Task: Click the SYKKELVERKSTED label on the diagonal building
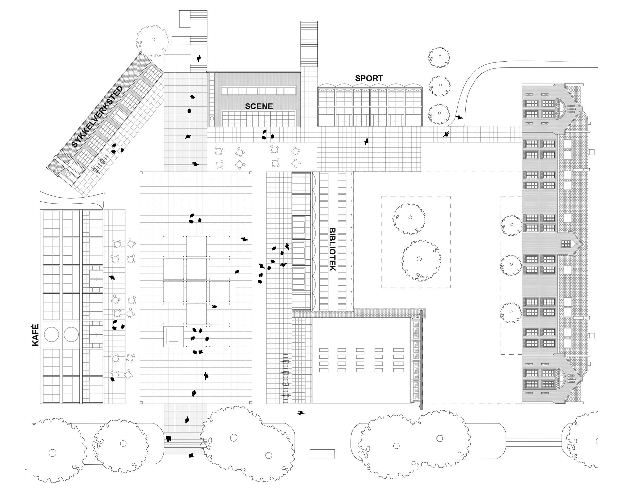coord(97,117)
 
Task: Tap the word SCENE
coord(259,106)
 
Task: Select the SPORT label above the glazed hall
coord(369,78)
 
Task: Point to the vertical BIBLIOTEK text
coord(332,249)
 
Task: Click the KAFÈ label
coord(36,335)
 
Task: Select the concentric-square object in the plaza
coord(174,335)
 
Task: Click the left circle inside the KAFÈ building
coord(51,334)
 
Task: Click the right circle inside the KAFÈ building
coord(71,334)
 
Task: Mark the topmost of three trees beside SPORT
coord(439,57)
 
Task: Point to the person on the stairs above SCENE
coord(198,58)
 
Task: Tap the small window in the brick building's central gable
coord(566,243)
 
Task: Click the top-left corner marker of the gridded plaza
coord(141,173)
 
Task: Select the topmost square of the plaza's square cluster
coord(197,246)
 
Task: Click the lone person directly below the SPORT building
coord(367,141)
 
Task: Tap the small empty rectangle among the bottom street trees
coord(322,454)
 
